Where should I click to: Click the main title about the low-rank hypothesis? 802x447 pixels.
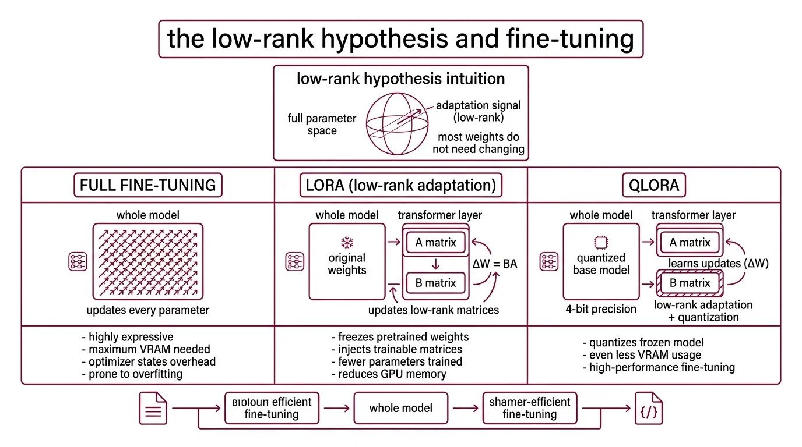coord(400,39)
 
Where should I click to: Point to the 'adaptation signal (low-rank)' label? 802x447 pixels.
coord(478,112)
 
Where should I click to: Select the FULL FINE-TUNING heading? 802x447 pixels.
coord(148,185)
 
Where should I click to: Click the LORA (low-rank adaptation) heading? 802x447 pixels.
coord(400,185)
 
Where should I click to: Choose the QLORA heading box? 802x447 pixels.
coord(654,185)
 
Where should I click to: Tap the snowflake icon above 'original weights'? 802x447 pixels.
coord(347,242)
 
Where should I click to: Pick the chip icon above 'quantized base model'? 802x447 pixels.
coord(600,242)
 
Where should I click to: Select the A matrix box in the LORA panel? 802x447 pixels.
coord(436,243)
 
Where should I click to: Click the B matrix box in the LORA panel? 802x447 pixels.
coord(436,283)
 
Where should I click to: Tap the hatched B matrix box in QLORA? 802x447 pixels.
coord(690,283)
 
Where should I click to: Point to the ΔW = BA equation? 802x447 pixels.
coord(494,264)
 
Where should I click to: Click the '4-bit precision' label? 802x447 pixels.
coord(600,309)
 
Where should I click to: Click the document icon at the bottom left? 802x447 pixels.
coord(153,408)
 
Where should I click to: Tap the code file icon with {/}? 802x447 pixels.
coord(649,408)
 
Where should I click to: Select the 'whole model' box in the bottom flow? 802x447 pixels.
coord(400,408)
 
